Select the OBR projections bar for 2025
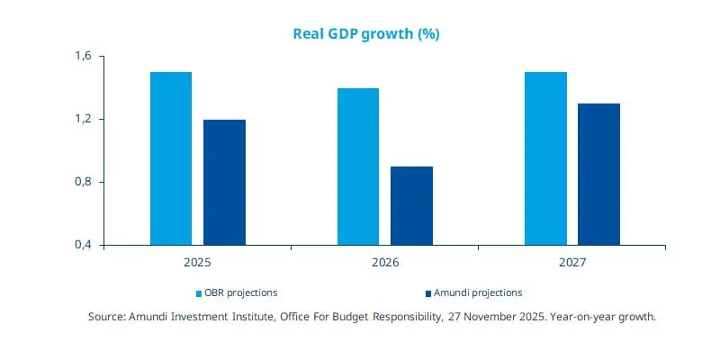[171, 158]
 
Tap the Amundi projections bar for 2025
[224, 182]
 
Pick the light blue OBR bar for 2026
[358, 166]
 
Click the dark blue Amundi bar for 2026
[411, 205]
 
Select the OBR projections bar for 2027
[545, 158]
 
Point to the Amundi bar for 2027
[598, 174]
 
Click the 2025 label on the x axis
[197, 263]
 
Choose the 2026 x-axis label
[385, 263]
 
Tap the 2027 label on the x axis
[571, 263]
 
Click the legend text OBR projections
[241, 292]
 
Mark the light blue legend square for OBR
[200, 293]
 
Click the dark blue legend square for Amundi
[428, 293]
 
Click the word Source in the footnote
[107, 317]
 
